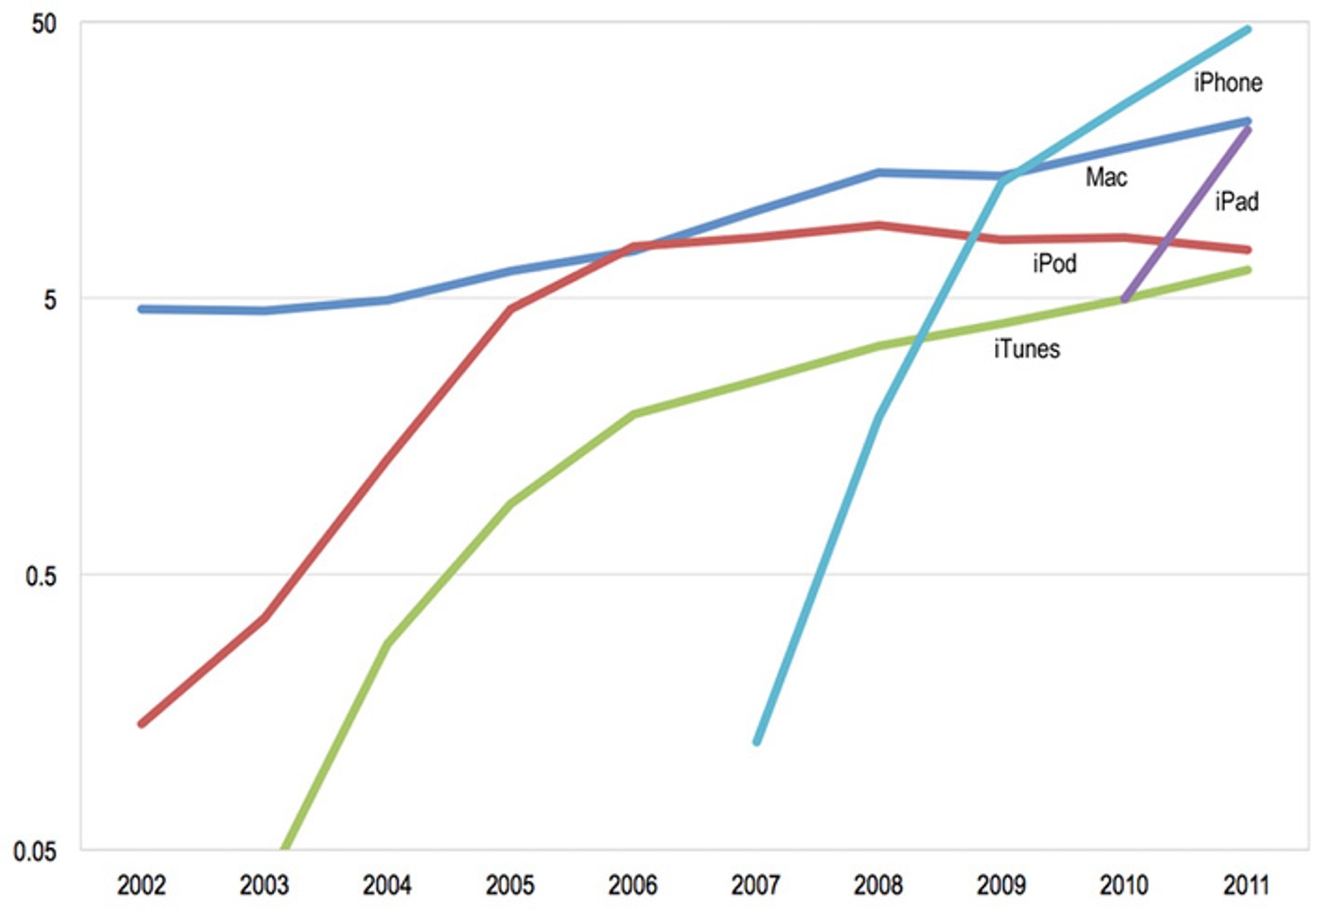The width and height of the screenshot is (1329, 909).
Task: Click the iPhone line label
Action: (x=1228, y=83)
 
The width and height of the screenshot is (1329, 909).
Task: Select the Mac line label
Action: (x=1105, y=177)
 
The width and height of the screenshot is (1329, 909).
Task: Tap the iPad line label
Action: (x=1237, y=201)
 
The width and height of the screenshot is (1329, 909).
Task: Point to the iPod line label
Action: (x=1054, y=263)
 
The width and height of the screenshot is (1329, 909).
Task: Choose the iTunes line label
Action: (x=1026, y=349)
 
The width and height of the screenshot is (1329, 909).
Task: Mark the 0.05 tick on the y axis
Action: (x=35, y=851)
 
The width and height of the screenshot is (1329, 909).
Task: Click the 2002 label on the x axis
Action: (x=141, y=886)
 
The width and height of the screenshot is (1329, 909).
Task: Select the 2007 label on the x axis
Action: (x=755, y=886)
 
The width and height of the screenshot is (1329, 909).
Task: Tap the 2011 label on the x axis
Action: (x=1246, y=886)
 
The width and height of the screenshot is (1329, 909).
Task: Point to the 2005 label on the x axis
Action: (x=510, y=886)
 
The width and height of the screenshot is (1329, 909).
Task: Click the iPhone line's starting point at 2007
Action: (x=757, y=742)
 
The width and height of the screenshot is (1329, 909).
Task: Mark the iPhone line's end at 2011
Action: (x=1247, y=30)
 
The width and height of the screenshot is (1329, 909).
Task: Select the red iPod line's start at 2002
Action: (x=142, y=723)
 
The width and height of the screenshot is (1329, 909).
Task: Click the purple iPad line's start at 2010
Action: (x=1125, y=299)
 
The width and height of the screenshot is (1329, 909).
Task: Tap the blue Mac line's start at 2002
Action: (x=142, y=309)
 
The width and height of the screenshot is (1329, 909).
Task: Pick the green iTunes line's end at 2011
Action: (x=1247, y=269)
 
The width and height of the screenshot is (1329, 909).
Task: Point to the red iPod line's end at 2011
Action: (x=1247, y=250)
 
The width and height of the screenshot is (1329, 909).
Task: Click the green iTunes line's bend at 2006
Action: (x=634, y=414)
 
